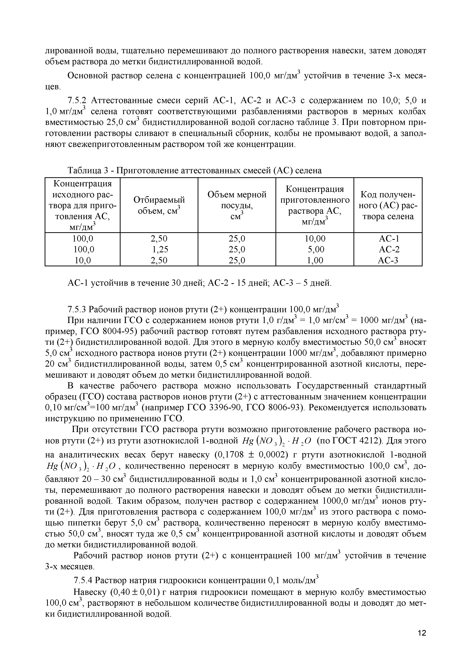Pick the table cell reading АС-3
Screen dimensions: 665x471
coord(388,261)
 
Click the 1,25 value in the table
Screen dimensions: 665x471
coord(160,249)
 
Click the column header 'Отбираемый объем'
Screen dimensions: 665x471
coord(159,205)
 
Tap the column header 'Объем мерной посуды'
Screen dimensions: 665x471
coord(237,205)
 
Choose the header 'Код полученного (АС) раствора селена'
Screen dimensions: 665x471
coord(388,205)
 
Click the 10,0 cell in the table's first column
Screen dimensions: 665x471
coord(83,261)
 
